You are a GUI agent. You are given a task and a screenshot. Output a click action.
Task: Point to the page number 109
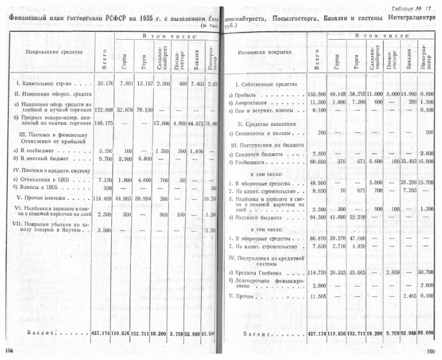[x=430, y=350]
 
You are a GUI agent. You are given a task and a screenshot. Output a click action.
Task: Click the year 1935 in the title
[x=149, y=18]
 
